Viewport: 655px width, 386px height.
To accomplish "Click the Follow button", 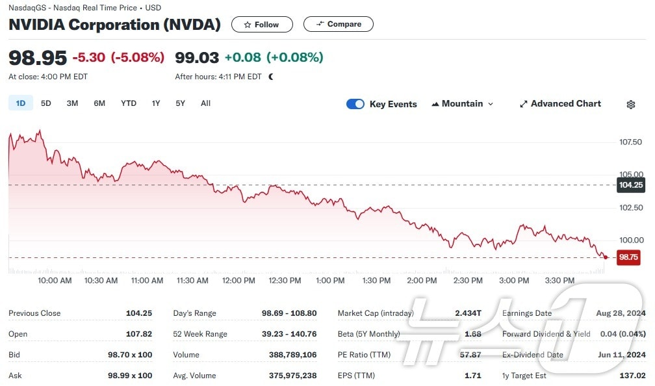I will click(262, 25).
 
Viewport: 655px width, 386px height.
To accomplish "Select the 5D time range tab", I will click(45, 103).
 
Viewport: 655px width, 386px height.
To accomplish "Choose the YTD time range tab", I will click(129, 103).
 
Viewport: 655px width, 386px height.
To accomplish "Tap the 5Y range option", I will click(180, 103).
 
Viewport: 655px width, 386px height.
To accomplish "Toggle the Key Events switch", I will click(355, 104).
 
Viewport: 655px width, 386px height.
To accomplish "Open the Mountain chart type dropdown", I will click(462, 104).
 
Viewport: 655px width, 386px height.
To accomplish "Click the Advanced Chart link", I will click(560, 104).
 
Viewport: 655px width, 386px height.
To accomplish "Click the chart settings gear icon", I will click(630, 105).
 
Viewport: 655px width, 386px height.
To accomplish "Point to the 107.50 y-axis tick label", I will click(631, 142).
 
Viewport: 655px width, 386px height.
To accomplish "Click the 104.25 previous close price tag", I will click(630, 185).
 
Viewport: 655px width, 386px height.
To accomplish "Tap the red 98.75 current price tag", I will click(628, 257).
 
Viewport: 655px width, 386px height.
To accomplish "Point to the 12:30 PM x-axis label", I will click(285, 281).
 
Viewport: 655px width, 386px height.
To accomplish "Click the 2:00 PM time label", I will click(422, 281).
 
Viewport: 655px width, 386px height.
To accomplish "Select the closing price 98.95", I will click(38, 57).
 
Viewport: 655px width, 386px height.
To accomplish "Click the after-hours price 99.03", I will click(197, 57).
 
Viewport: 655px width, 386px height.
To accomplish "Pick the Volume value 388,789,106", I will click(292, 355).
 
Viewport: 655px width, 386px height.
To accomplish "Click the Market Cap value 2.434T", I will click(469, 313).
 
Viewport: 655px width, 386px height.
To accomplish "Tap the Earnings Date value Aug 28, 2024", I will click(621, 313).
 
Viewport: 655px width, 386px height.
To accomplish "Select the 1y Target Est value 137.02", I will click(632, 376).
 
